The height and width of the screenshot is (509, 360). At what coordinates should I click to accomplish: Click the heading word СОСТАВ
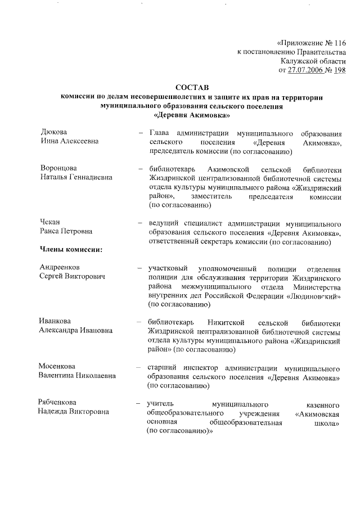(x=191, y=87)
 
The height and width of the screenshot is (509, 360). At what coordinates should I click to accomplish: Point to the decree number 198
(x=339, y=70)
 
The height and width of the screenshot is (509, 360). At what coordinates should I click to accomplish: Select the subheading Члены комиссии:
(x=70, y=249)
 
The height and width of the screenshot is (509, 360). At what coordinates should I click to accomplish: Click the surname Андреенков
(x=64, y=267)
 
